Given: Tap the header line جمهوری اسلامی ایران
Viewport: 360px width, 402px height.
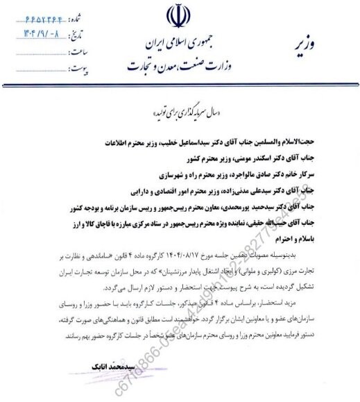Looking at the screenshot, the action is coord(173,42).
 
